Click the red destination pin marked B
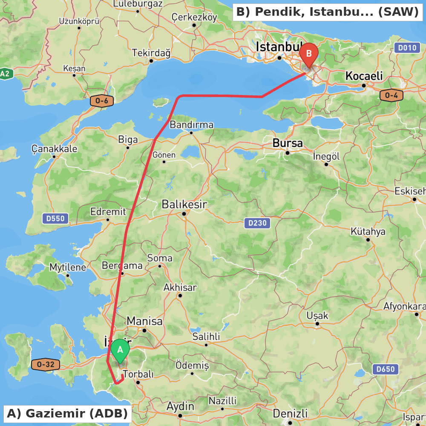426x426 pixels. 308,54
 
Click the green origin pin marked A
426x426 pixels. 120,350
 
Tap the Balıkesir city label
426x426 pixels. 184,204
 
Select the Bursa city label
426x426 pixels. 288,143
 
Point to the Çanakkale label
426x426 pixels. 55,149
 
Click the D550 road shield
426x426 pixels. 55,219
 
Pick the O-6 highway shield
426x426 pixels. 102,101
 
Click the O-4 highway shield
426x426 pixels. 391,95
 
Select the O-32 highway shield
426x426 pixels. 46,365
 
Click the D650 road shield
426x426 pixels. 386,369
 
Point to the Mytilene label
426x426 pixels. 68,268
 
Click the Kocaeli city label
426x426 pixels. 364,76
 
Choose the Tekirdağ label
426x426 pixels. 151,53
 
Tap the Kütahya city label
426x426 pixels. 368,232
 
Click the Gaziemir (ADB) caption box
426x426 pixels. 67,413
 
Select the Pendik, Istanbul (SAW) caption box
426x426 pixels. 327,12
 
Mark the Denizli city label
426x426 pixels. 290,414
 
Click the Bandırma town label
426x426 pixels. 191,125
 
